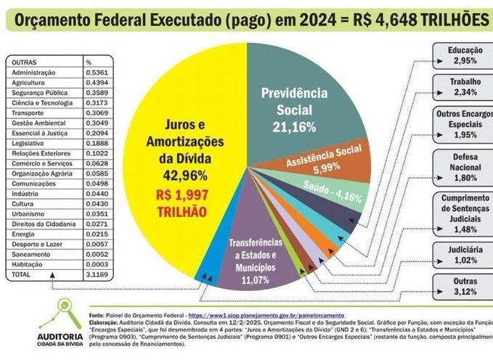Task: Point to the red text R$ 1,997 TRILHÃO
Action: (180, 202)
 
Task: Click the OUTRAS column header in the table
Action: (25, 62)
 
